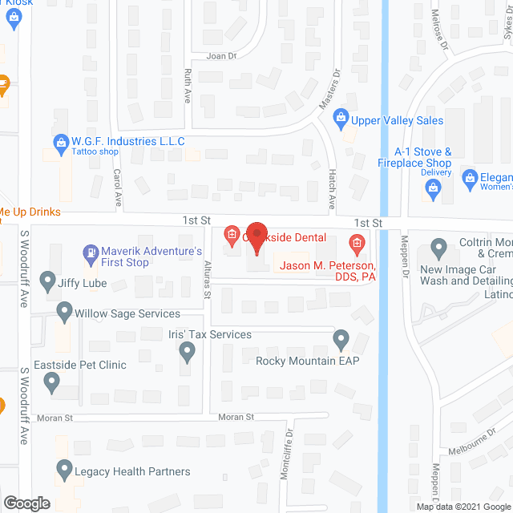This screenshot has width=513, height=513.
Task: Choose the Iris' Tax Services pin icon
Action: point(188,350)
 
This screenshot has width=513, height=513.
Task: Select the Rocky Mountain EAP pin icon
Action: point(341,341)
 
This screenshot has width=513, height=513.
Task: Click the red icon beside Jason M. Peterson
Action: point(357,241)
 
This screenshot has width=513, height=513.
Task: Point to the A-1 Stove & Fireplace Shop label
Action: point(422,157)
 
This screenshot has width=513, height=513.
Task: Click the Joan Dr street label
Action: point(222,56)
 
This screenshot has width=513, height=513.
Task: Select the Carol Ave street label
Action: point(117,188)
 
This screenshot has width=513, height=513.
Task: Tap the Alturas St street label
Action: point(206,277)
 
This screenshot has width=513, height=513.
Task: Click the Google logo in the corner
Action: point(26,503)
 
